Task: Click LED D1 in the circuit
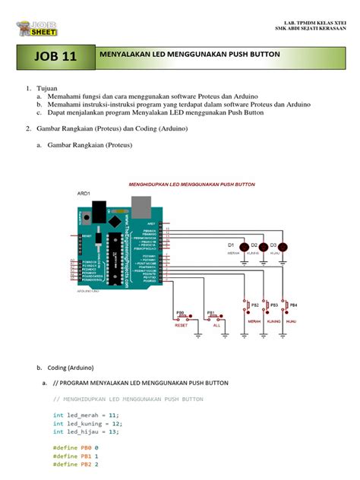[244, 247]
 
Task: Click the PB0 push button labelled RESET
[182, 315]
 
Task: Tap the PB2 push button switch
[248, 305]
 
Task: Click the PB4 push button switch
[286, 305]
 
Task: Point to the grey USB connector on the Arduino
[141, 206]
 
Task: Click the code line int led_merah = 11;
[86, 415]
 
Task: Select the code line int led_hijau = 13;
[86, 432]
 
